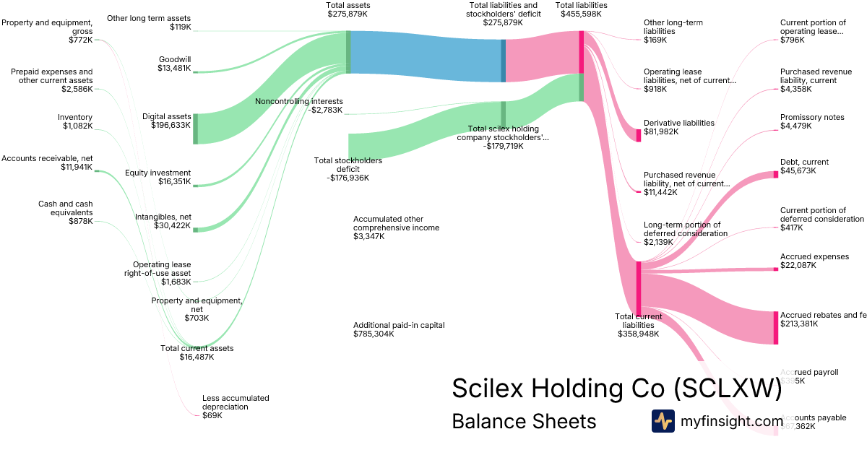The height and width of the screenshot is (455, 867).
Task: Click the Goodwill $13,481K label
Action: tap(174, 64)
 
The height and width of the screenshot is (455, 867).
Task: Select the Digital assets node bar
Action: tap(195, 129)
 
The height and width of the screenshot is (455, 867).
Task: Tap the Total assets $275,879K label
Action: tap(348, 9)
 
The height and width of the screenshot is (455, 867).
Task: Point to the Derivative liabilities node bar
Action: tap(638, 135)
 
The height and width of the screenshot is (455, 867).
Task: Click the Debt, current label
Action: tap(804, 166)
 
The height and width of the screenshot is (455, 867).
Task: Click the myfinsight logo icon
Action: tap(663, 421)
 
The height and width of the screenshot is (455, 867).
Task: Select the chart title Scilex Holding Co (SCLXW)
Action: tap(616, 389)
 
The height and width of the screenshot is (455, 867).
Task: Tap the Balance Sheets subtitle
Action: tap(524, 421)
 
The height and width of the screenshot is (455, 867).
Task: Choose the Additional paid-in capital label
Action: tap(399, 329)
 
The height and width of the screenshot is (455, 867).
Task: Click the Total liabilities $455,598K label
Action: tap(581, 9)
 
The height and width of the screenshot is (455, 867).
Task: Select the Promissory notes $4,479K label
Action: tap(812, 121)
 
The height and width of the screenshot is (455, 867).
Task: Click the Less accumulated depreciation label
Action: tap(236, 407)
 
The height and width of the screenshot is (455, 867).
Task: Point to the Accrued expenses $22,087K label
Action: tap(814, 261)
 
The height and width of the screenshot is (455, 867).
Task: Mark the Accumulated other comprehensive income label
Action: tap(396, 227)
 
